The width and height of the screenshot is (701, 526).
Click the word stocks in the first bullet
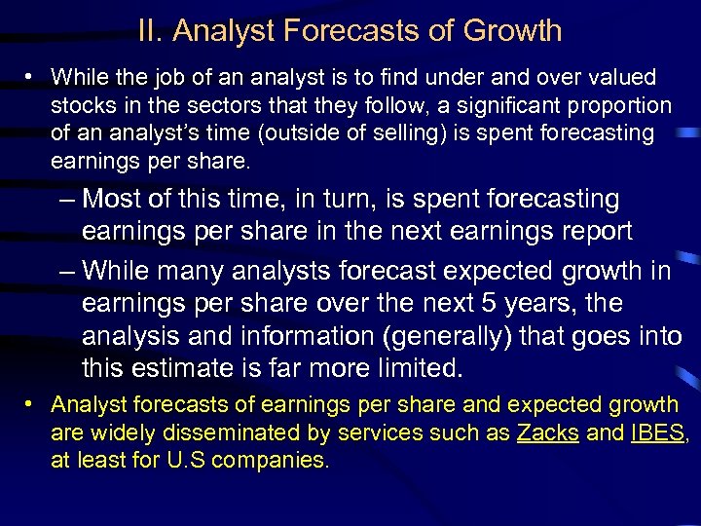tap(80, 105)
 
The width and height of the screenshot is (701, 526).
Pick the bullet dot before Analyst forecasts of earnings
tap(33, 403)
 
